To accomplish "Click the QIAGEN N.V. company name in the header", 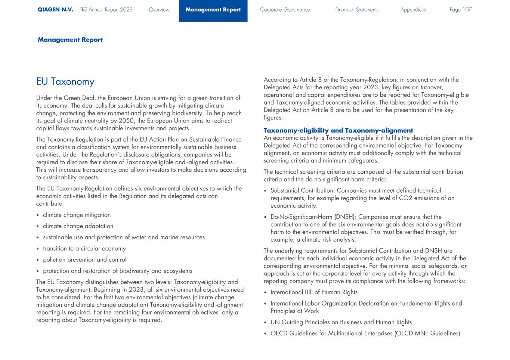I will pos(55,10).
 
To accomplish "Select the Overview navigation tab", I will pos(159,10).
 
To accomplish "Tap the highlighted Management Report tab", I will pos(213,10).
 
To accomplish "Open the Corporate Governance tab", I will pos(285,10).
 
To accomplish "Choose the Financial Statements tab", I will pos(356,10).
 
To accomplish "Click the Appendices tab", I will pos(413,10).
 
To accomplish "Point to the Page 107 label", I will pos(461,10).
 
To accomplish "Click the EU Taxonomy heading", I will pos(65,82).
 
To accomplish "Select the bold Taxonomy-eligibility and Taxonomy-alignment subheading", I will pos(338,130).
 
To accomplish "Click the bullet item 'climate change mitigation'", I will pos(77,215).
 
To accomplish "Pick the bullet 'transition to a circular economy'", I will pos(84,249).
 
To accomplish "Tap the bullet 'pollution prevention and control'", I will pos(84,260).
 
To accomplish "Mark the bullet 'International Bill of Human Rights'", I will pos(314,292).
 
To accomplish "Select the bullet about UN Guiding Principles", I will pos(341,322).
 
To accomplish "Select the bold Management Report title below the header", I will pos(70,40).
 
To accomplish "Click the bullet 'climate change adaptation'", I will pos(78,226).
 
